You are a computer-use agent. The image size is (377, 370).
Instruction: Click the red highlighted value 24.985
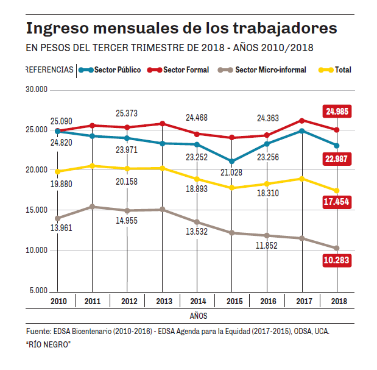point(337,112)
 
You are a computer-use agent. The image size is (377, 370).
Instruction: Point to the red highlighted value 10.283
point(337,260)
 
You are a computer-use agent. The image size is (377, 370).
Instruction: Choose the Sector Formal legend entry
point(185,70)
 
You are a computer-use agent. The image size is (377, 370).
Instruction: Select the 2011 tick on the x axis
point(92,301)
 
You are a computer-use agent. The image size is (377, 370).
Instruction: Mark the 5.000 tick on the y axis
point(38,290)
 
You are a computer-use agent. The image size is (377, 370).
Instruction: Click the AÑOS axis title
point(198,316)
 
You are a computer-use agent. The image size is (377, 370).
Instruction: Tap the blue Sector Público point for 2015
point(231,162)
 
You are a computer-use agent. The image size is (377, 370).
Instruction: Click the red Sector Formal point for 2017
point(302,121)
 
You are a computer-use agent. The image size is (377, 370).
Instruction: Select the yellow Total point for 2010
point(57,171)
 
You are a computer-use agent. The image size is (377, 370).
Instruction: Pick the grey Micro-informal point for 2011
point(92,207)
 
